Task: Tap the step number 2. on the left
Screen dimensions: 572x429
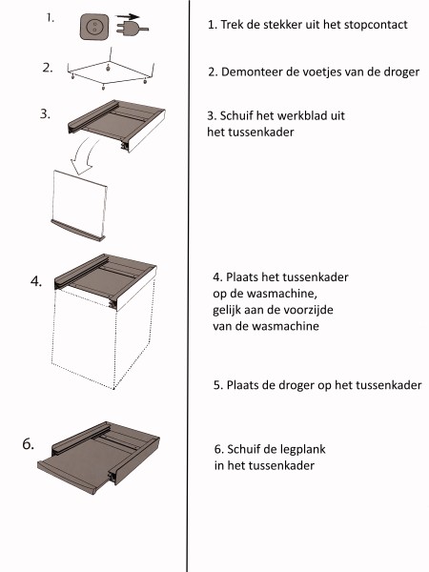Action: tap(48, 69)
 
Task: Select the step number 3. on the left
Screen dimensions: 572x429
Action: tap(45, 112)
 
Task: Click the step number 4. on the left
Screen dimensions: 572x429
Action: tap(37, 282)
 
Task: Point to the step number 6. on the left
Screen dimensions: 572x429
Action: tap(30, 443)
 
